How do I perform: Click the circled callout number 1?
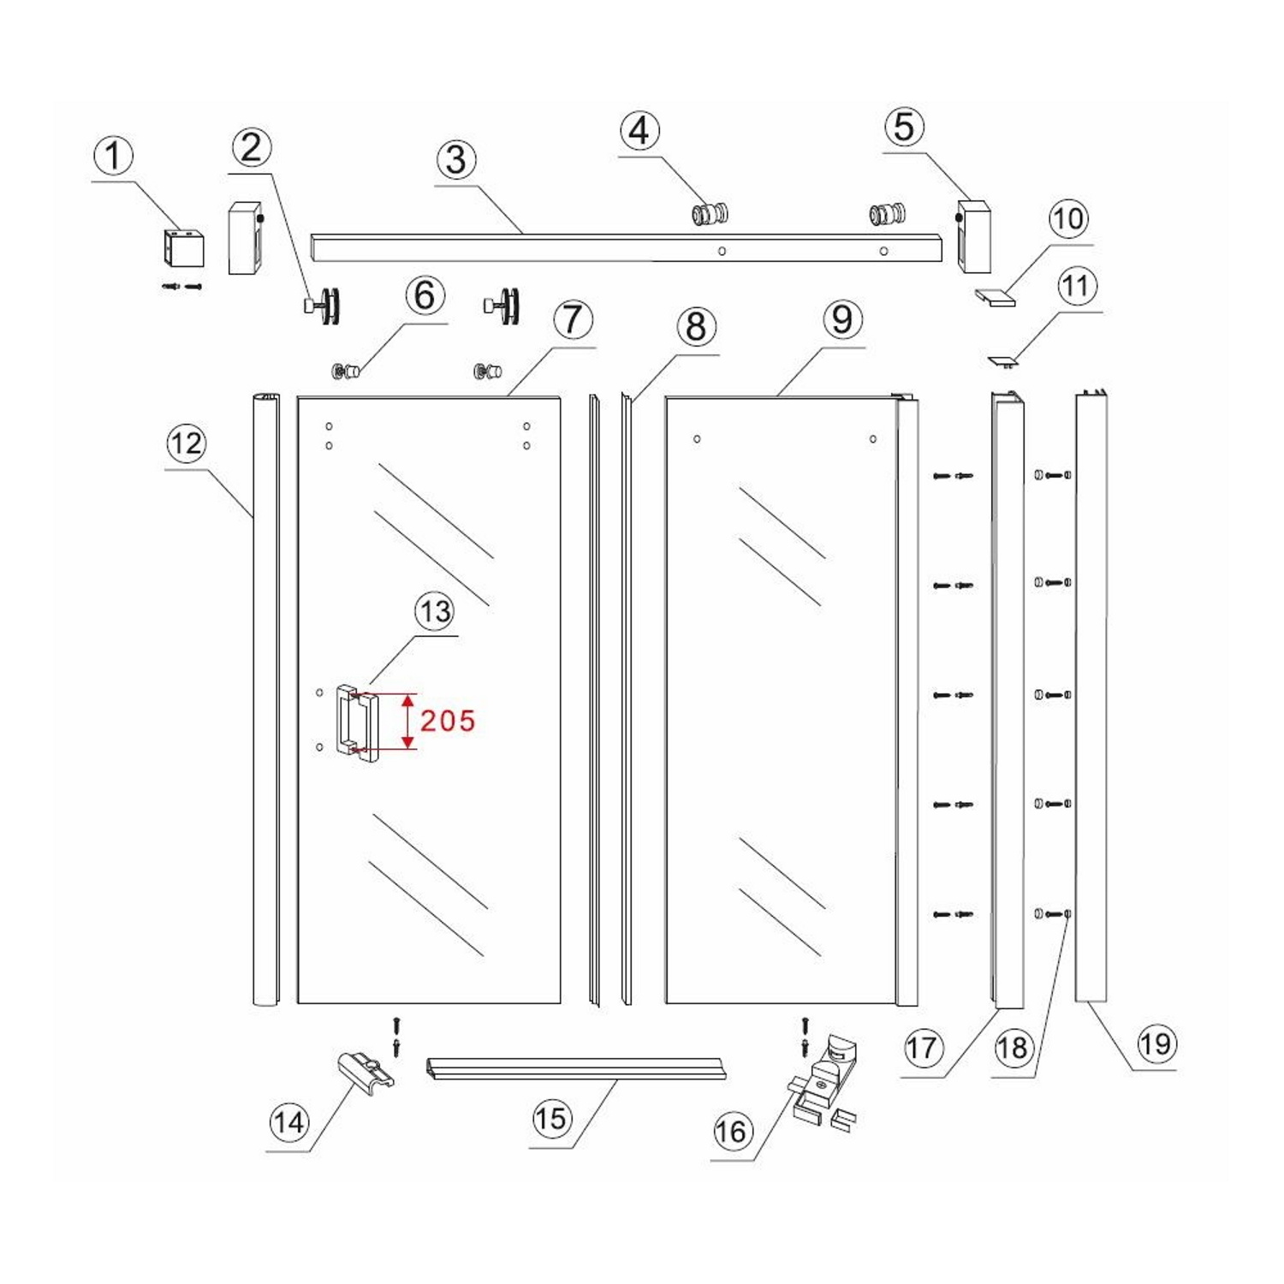coord(113,158)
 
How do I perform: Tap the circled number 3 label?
coord(456,160)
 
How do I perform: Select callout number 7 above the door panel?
coord(573,320)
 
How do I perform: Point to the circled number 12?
coord(187,443)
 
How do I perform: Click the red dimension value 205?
coord(448,721)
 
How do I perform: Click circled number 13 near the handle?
coord(435,612)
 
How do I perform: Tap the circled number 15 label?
coord(550,1119)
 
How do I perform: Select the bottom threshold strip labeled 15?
coord(580,1068)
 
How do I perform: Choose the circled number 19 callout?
coord(1155,1044)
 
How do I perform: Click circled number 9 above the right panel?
coord(842,320)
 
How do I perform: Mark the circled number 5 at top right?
coord(904,128)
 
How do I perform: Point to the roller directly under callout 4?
coord(710,214)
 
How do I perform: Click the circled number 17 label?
coord(922,1048)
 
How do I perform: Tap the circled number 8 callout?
coord(696,327)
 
